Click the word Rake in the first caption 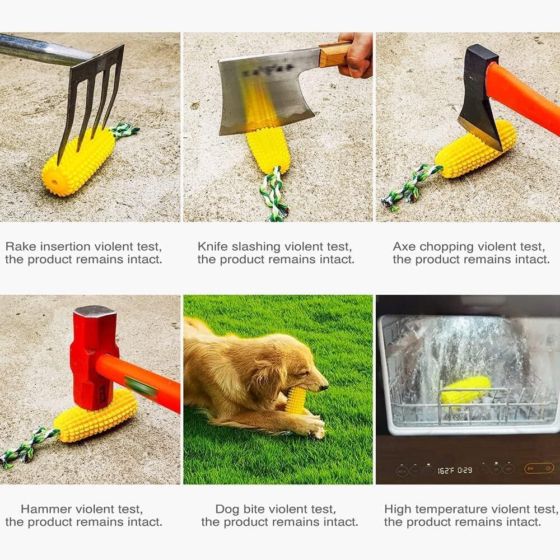pos(19,246)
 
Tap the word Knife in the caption pos(213,246)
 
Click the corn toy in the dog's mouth pos(296,400)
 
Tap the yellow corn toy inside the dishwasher pos(465,390)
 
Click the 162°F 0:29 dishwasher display pos(454,470)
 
